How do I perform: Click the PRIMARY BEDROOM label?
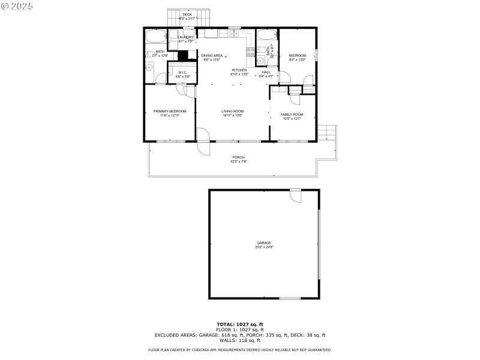(x=169, y=111)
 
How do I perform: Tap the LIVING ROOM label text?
(x=232, y=111)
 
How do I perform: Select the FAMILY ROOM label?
(x=292, y=115)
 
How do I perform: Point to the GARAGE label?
(x=264, y=243)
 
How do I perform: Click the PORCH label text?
(x=238, y=157)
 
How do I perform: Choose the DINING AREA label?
(x=212, y=55)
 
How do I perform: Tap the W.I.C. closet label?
(x=182, y=73)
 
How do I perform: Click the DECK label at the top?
(x=187, y=14)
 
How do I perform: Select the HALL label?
(x=266, y=72)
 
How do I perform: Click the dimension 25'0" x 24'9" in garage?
(x=264, y=247)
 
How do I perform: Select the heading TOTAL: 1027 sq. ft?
(x=239, y=324)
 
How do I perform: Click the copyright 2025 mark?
(x=17, y=5)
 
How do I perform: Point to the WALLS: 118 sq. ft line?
(x=239, y=340)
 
